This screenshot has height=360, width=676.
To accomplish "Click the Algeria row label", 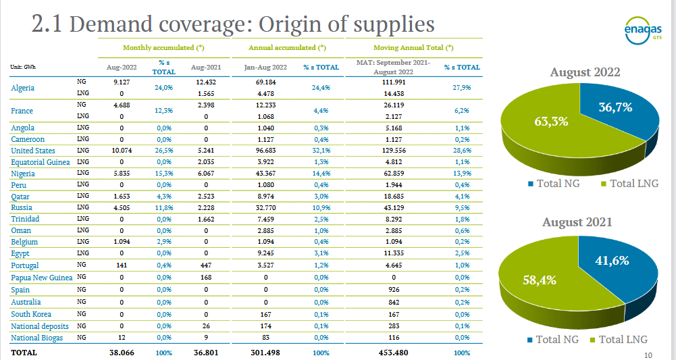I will (x=23, y=88).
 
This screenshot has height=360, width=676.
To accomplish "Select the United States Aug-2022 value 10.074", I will (x=122, y=151).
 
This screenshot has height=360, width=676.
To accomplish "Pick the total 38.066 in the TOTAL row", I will (x=122, y=353).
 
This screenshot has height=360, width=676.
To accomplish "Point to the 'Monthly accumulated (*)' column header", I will (x=163, y=49).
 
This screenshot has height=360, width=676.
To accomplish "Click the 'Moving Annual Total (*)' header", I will (x=413, y=49).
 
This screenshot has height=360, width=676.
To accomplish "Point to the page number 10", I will (x=648, y=355).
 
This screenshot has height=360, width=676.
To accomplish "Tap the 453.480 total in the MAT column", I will (x=394, y=353).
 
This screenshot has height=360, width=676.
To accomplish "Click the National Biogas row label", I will (x=37, y=337).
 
